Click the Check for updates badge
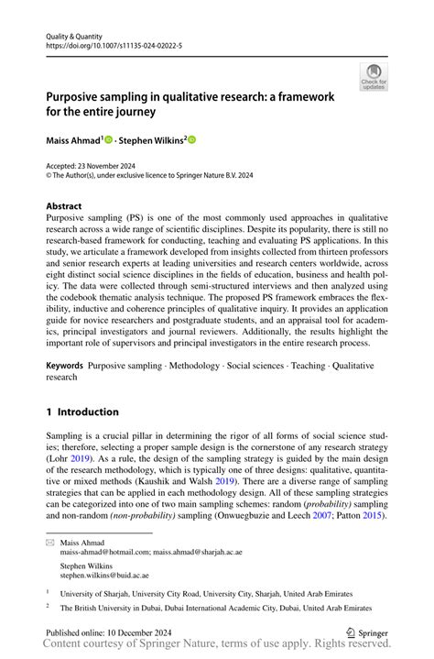pos(373,78)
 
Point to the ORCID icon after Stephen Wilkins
pos(192,140)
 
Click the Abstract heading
pos(64,206)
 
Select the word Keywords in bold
pos(64,365)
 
